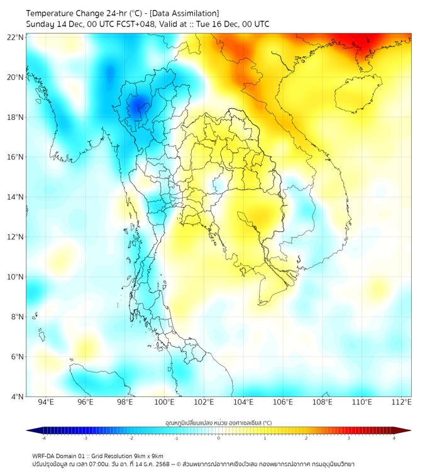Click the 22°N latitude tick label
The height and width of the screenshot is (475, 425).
click(x=16, y=38)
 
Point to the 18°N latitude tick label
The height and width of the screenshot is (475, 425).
click(x=16, y=117)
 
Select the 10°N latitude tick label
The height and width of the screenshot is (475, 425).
click(x=16, y=277)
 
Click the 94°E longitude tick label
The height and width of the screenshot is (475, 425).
click(x=46, y=402)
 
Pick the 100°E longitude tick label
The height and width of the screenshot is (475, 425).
click(x=164, y=402)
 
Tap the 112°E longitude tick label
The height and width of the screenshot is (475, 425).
click(x=401, y=402)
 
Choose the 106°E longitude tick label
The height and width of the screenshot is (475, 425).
click(x=283, y=402)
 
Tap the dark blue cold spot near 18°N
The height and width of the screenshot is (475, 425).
click(x=137, y=106)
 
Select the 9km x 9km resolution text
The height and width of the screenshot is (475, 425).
click(x=146, y=456)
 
